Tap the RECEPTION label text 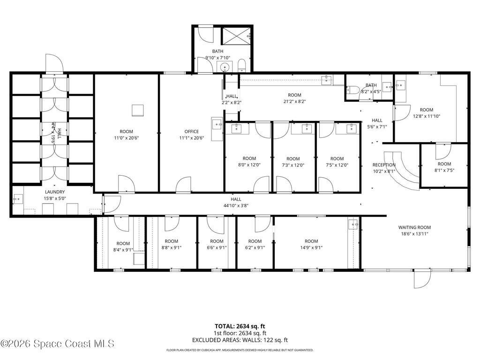point(384,165)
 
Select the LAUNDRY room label point(55,192)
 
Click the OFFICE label point(191,132)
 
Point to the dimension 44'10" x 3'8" point(236,205)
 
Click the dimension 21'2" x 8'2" point(294,101)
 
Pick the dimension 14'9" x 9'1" point(311,248)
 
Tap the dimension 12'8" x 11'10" point(426,116)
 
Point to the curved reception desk point(403,171)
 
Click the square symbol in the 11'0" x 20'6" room point(137,110)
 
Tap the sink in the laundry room point(18,200)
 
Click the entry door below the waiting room point(421,279)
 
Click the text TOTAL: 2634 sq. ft point(240,326)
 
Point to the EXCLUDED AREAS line point(240,340)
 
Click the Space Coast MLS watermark point(57,344)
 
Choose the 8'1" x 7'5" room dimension point(444,170)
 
